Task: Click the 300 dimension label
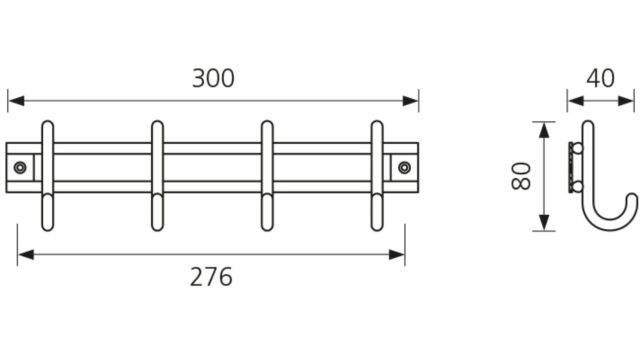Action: [x=213, y=78]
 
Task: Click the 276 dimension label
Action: [x=211, y=277]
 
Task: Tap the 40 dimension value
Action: [x=600, y=78]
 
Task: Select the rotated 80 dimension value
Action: [x=521, y=176]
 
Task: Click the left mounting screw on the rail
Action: [x=20, y=167]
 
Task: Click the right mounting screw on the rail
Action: [x=404, y=167]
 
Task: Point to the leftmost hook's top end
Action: [x=48, y=122]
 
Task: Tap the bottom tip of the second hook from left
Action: [x=158, y=230]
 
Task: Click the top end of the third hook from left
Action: [x=267, y=122]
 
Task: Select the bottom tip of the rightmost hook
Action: [x=377, y=230]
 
